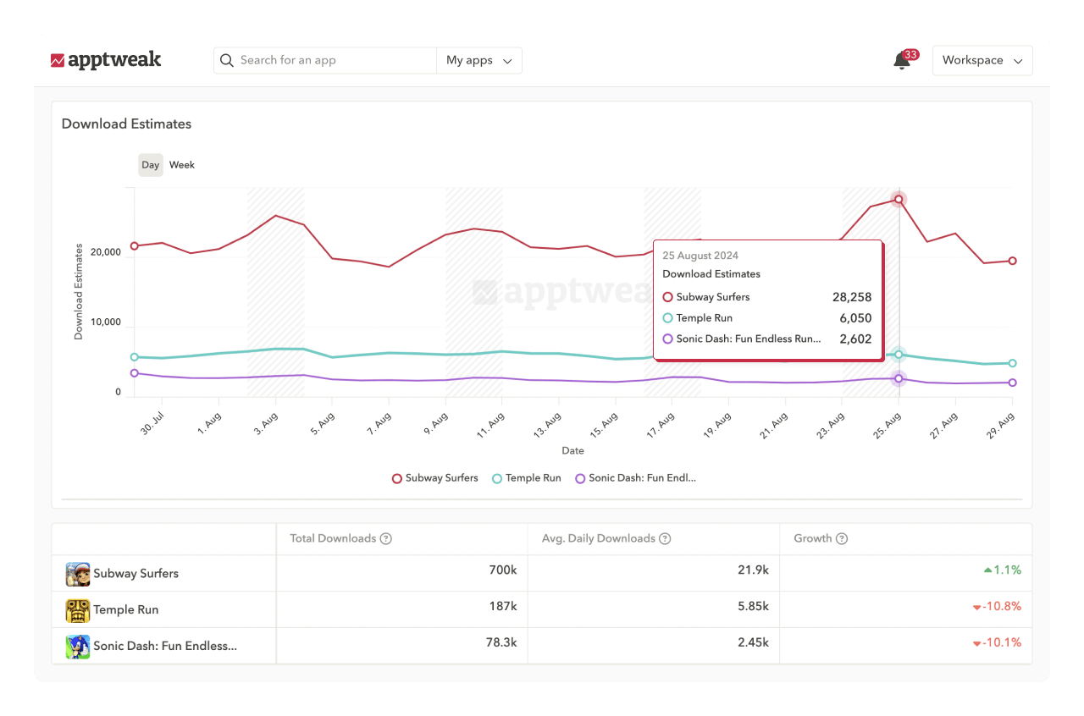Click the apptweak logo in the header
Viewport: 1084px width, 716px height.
pos(106,60)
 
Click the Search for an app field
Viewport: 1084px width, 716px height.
pos(330,60)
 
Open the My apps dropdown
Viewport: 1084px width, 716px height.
pos(478,60)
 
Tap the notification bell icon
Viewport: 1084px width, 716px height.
pos(902,61)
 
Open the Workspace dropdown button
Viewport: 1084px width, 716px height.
pos(982,60)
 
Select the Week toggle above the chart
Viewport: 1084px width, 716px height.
pos(182,165)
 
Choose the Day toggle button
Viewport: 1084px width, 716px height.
pos(151,165)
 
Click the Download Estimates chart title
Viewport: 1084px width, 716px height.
pos(126,124)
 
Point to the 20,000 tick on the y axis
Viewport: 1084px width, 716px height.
pos(106,252)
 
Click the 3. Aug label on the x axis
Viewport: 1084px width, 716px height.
pos(266,422)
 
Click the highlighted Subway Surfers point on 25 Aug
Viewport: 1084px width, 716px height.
pos(899,200)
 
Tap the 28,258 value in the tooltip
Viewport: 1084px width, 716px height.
pos(851,297)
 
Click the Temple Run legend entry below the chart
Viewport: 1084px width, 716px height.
pos(526,478)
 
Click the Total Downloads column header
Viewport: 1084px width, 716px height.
pos(333,538)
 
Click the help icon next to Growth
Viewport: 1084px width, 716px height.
pos(842,538)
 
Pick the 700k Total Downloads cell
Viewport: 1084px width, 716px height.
pos(502,570)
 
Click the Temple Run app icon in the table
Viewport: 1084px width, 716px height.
pos(78,610)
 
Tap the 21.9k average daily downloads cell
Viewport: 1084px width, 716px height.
pos(753,570)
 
